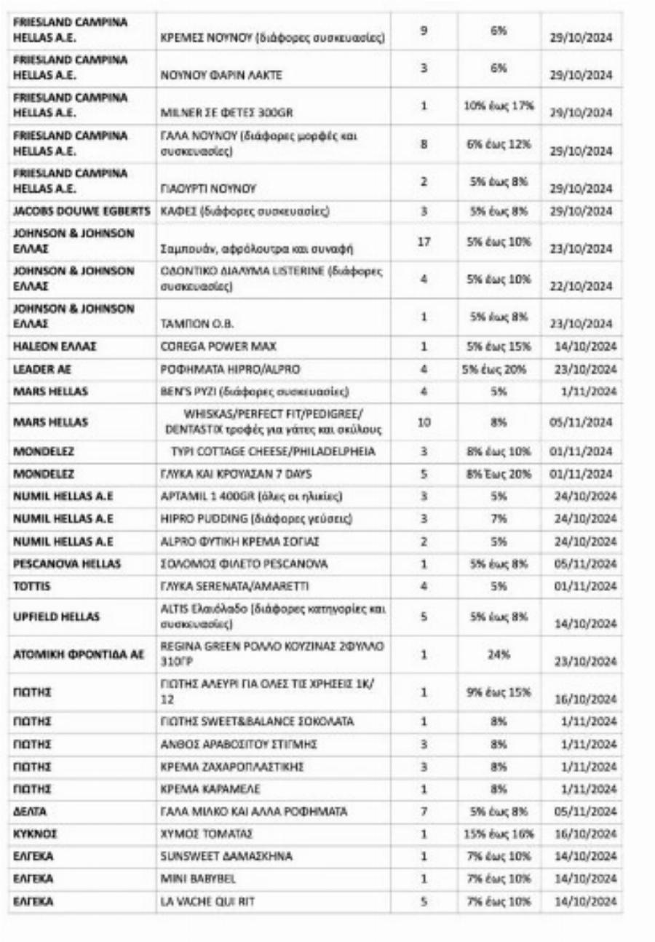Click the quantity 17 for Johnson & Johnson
[424, 242]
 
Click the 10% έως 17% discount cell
[499, 106]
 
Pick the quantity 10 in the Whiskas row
[424, 421]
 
